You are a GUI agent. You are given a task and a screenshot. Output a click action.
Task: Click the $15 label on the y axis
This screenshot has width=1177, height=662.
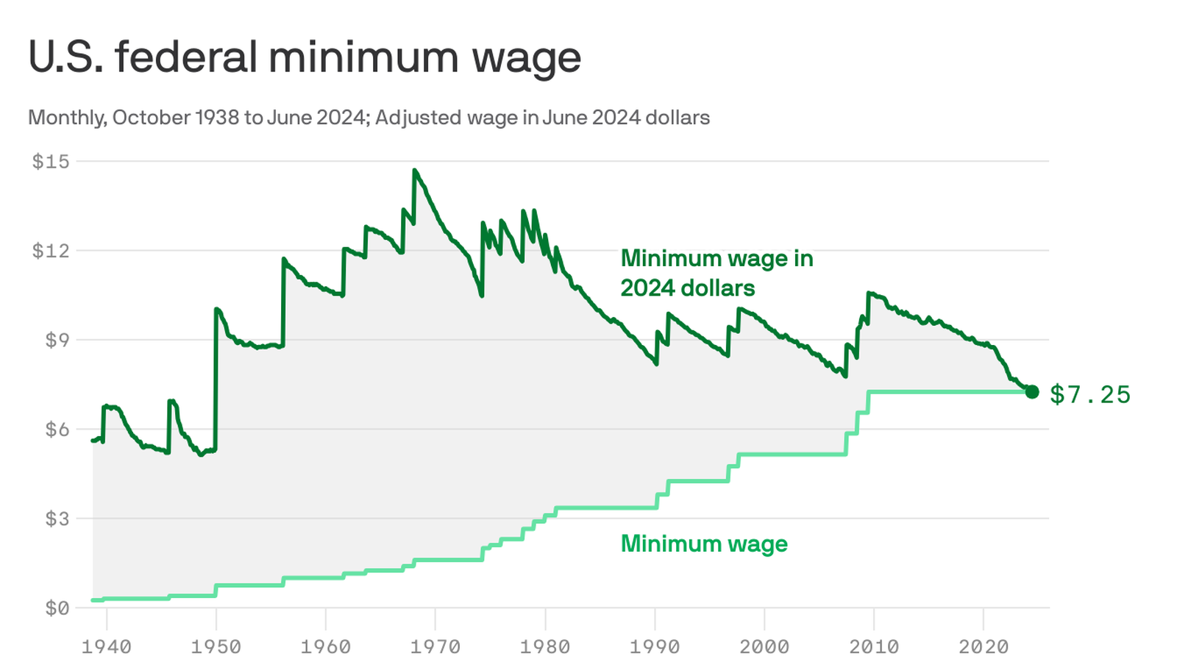pyautogui.click(x=50, y=161)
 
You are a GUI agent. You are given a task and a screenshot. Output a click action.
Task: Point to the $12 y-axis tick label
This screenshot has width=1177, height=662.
pyautogui.click(x=50, y=251)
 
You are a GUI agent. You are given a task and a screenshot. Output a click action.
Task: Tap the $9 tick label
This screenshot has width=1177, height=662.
pyautogui.click(x=57, y=340)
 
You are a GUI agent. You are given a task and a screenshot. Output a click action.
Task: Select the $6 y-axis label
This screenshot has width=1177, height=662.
pyautogui.click(x=57, y=430)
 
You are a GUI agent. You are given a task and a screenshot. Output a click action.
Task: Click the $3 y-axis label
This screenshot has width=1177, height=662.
pyautogui.click(x=57, y=519)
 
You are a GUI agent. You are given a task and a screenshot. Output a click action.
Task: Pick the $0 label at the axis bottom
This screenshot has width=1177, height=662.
pyautogui.click(x=57, y=608)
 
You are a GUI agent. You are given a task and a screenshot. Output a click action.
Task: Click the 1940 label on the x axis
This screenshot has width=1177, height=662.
pyautogui.click(x=107, y=647)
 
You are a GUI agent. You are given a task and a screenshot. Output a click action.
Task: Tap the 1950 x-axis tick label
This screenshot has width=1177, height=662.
pyautogui.click(x=216, y=647)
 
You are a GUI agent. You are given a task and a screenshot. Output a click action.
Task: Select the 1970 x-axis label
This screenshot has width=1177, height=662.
pyautogui.click(x=435, y=647)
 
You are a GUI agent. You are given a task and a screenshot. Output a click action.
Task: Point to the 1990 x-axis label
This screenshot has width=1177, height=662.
pyautogui.click(x=655, y=647)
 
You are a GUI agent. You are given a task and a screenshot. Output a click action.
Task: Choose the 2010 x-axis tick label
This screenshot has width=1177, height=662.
pyautogui.click(x=874, y=647)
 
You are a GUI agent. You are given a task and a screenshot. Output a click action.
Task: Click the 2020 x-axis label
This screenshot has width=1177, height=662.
pyautogui.click(x=984, y=647)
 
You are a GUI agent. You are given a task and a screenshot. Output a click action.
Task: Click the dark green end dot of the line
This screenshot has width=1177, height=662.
pyautogui.click(x=1031, y=392)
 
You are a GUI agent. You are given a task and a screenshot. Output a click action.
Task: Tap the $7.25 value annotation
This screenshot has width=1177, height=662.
pyautogui.click(x=1089, y=394)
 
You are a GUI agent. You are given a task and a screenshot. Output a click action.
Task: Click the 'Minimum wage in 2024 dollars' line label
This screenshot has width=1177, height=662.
pyautogui.click(x=716, y=273)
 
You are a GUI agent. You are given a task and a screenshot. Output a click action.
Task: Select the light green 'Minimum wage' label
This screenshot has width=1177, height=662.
pyautogui.click(x=704, y=544)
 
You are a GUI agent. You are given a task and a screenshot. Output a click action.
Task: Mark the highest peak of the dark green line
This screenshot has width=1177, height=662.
pyautogui.click(x=415, y=171)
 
